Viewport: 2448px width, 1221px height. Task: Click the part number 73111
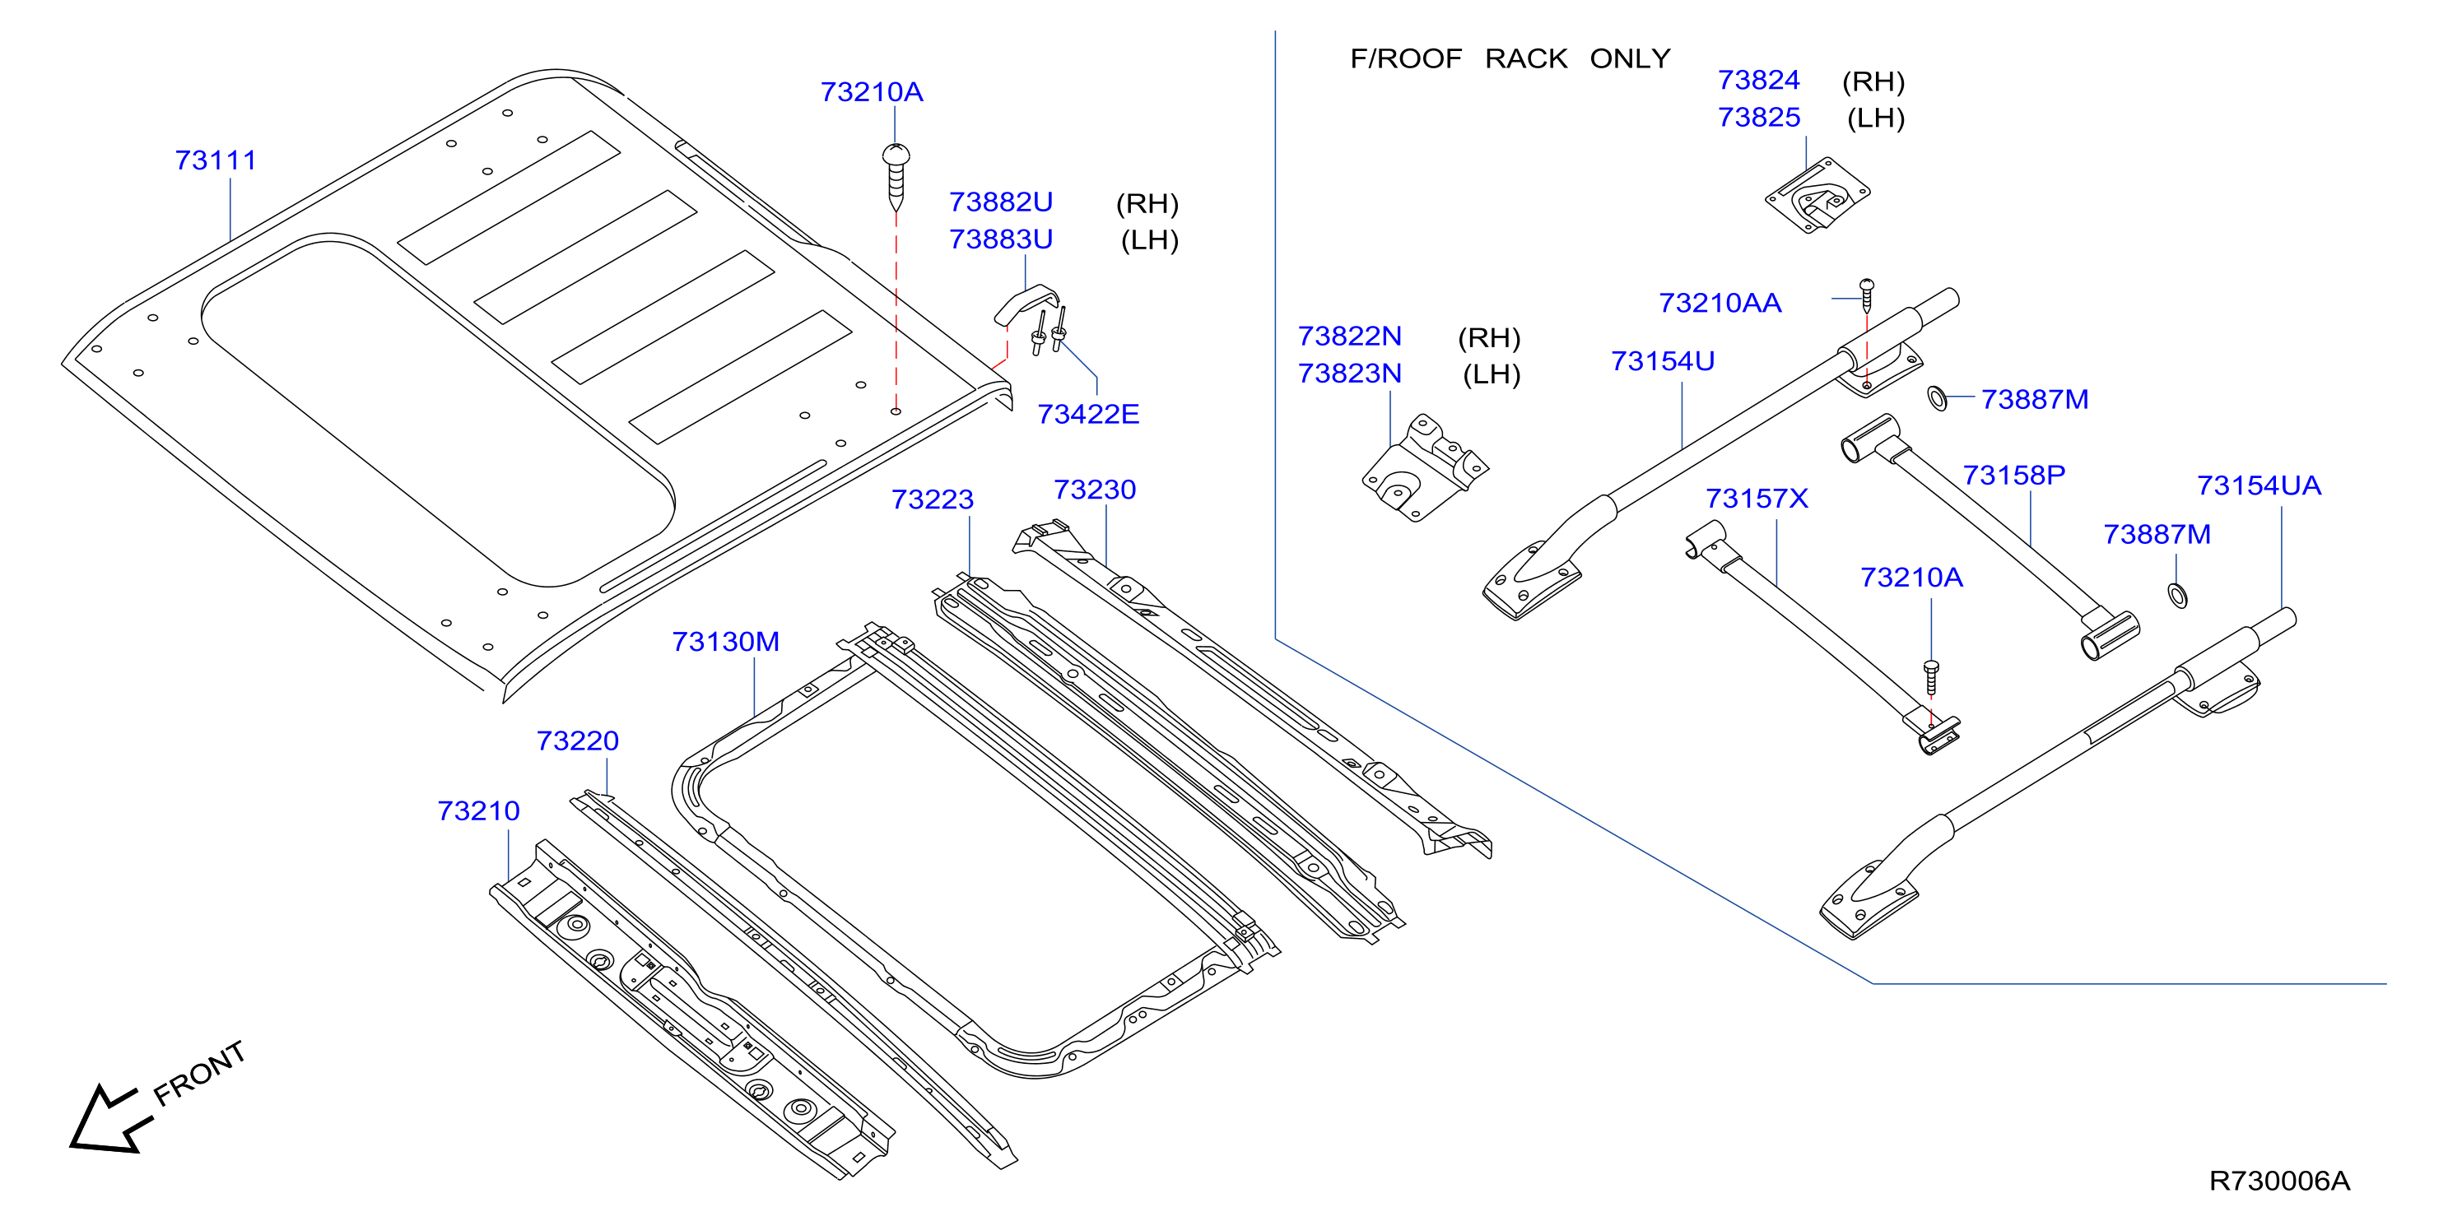pos(216,160)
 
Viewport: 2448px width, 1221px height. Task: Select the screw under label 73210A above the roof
pos(896,177)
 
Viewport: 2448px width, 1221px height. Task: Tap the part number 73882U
pos(1001,202)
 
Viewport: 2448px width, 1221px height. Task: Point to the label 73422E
pos(1088,415)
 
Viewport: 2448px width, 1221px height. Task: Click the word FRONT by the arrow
pos(199,1073)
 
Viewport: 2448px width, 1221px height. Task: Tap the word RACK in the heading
pos(1526,59)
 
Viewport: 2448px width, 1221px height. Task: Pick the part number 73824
pos(1759,80)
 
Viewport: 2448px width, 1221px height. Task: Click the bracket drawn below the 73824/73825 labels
pos(1817,195)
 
